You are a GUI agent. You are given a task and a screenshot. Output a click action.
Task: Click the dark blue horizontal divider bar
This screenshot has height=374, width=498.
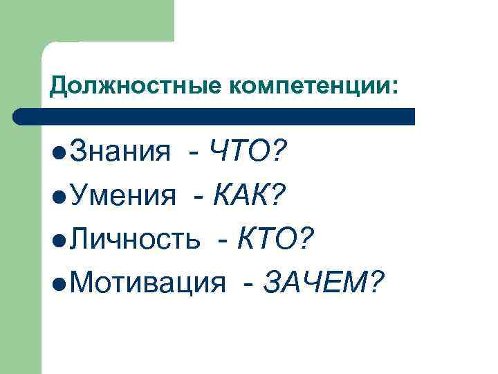click(214, 116)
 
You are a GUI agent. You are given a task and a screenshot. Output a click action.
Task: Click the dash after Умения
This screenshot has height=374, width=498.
click(199, 198)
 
